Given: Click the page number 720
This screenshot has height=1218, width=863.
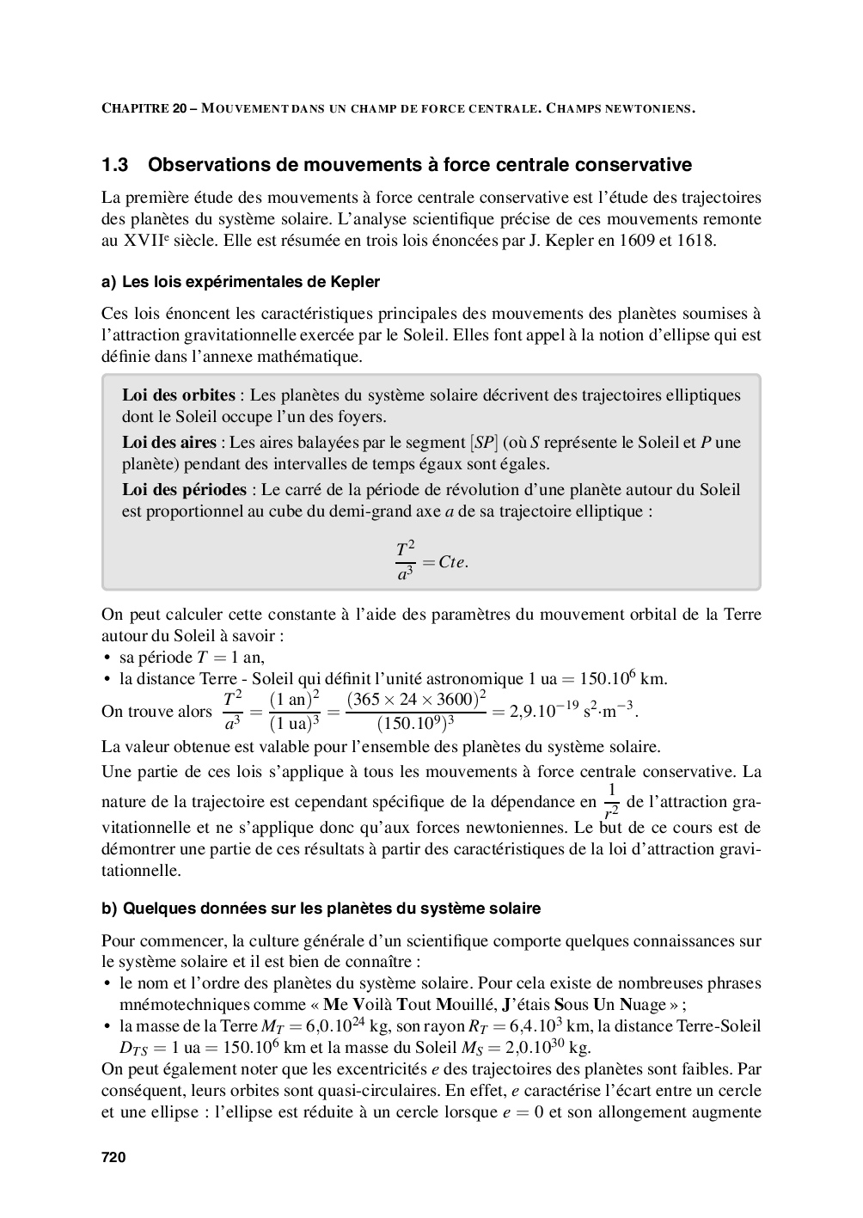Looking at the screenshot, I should [113, 1158].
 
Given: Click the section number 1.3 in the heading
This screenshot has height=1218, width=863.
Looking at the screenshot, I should [115, 164].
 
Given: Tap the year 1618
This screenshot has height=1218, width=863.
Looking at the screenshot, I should [696, 241].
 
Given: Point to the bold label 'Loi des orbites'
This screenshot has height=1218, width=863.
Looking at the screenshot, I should [178, 395].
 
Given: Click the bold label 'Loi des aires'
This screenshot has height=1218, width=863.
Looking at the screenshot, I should [168, 443].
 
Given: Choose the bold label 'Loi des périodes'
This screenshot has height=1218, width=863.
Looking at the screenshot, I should [183, 490].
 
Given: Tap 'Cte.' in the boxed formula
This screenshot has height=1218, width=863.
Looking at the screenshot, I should [453, 562].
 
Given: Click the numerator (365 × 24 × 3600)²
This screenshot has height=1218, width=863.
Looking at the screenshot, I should [416, 699].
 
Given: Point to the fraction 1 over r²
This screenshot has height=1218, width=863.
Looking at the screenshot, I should [611, 802].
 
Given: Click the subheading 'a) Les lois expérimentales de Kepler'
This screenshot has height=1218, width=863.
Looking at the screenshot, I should [240, 282].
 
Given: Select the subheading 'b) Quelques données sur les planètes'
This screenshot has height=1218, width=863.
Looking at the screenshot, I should [321, 909].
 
